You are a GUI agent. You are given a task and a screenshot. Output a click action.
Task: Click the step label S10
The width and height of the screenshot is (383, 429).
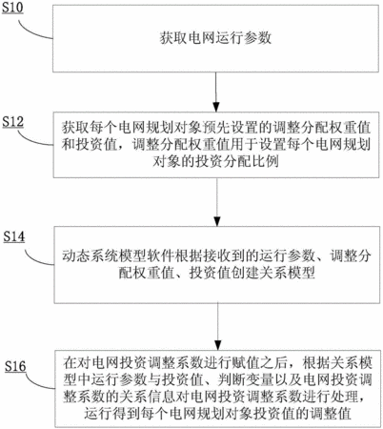pyautogui.click(x=12, y=8)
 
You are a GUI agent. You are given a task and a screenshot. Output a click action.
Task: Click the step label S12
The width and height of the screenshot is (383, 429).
pyautogui.click(x=13, y=122)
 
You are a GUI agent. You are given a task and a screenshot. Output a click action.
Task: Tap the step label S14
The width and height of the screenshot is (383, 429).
pyautogui.click(x=14, y=236)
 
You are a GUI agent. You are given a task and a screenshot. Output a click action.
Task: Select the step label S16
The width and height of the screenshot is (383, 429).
pyautogui.click(x=15, y=366)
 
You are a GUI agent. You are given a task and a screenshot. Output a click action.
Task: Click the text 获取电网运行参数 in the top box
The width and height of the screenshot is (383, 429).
pyautogui.click(x=215, y=38)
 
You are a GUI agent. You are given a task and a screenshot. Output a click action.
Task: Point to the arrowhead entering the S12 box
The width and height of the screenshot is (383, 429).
pyautogui.click(x=216, y=107)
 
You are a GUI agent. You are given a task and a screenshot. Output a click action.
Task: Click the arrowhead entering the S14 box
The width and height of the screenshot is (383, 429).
pyautogui.click(x=217, y=221)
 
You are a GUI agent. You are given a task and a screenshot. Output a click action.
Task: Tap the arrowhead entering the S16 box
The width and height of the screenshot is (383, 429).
pyautogui.click(x=218, y=345)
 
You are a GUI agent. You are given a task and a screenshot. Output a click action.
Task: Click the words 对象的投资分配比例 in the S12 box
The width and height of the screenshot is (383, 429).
pyautogui.click(x=215, y=161)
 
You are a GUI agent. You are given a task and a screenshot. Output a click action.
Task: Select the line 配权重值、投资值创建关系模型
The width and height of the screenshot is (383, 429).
pyautogui.click(x=217, y=274)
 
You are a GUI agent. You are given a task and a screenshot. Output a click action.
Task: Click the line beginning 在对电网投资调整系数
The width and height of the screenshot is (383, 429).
pyautogui.click(x=217, y=363)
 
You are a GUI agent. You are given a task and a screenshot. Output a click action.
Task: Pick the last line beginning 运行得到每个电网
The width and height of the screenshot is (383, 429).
pyautogui.click(x=218, y=414)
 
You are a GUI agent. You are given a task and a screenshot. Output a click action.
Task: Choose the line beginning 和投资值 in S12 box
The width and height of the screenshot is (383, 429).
pyautogui.click(x=216, y=145)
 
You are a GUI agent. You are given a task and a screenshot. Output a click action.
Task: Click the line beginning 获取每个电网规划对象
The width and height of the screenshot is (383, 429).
pyautogui.click(x=216, y=128)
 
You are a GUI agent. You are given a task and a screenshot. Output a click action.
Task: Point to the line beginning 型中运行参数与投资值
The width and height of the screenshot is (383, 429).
pyautogui.click(x=217, y=379)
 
